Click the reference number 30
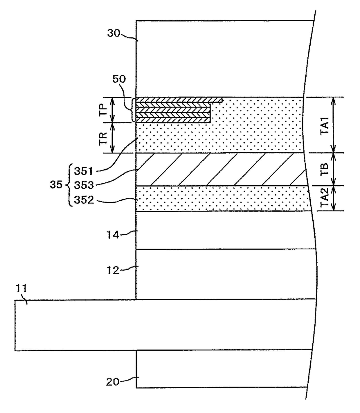click(114, 34)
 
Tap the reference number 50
click(119, 79)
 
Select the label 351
click(83, 171)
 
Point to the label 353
click(83, 185)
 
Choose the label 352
click(84, 200)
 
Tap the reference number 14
click(112, 235)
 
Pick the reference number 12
click(112, 270)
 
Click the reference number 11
click(21, 289)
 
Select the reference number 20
click(112, 382)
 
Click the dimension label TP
click(103, 110)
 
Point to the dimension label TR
click(103, 138)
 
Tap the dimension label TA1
click(325, 125)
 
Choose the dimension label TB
click(325, 169)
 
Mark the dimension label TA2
click(325, 198)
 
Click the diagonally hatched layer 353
click(221, 169)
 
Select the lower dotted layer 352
click(221, 198)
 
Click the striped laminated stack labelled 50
click(173, 110)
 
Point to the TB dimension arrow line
click(333, 169)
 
